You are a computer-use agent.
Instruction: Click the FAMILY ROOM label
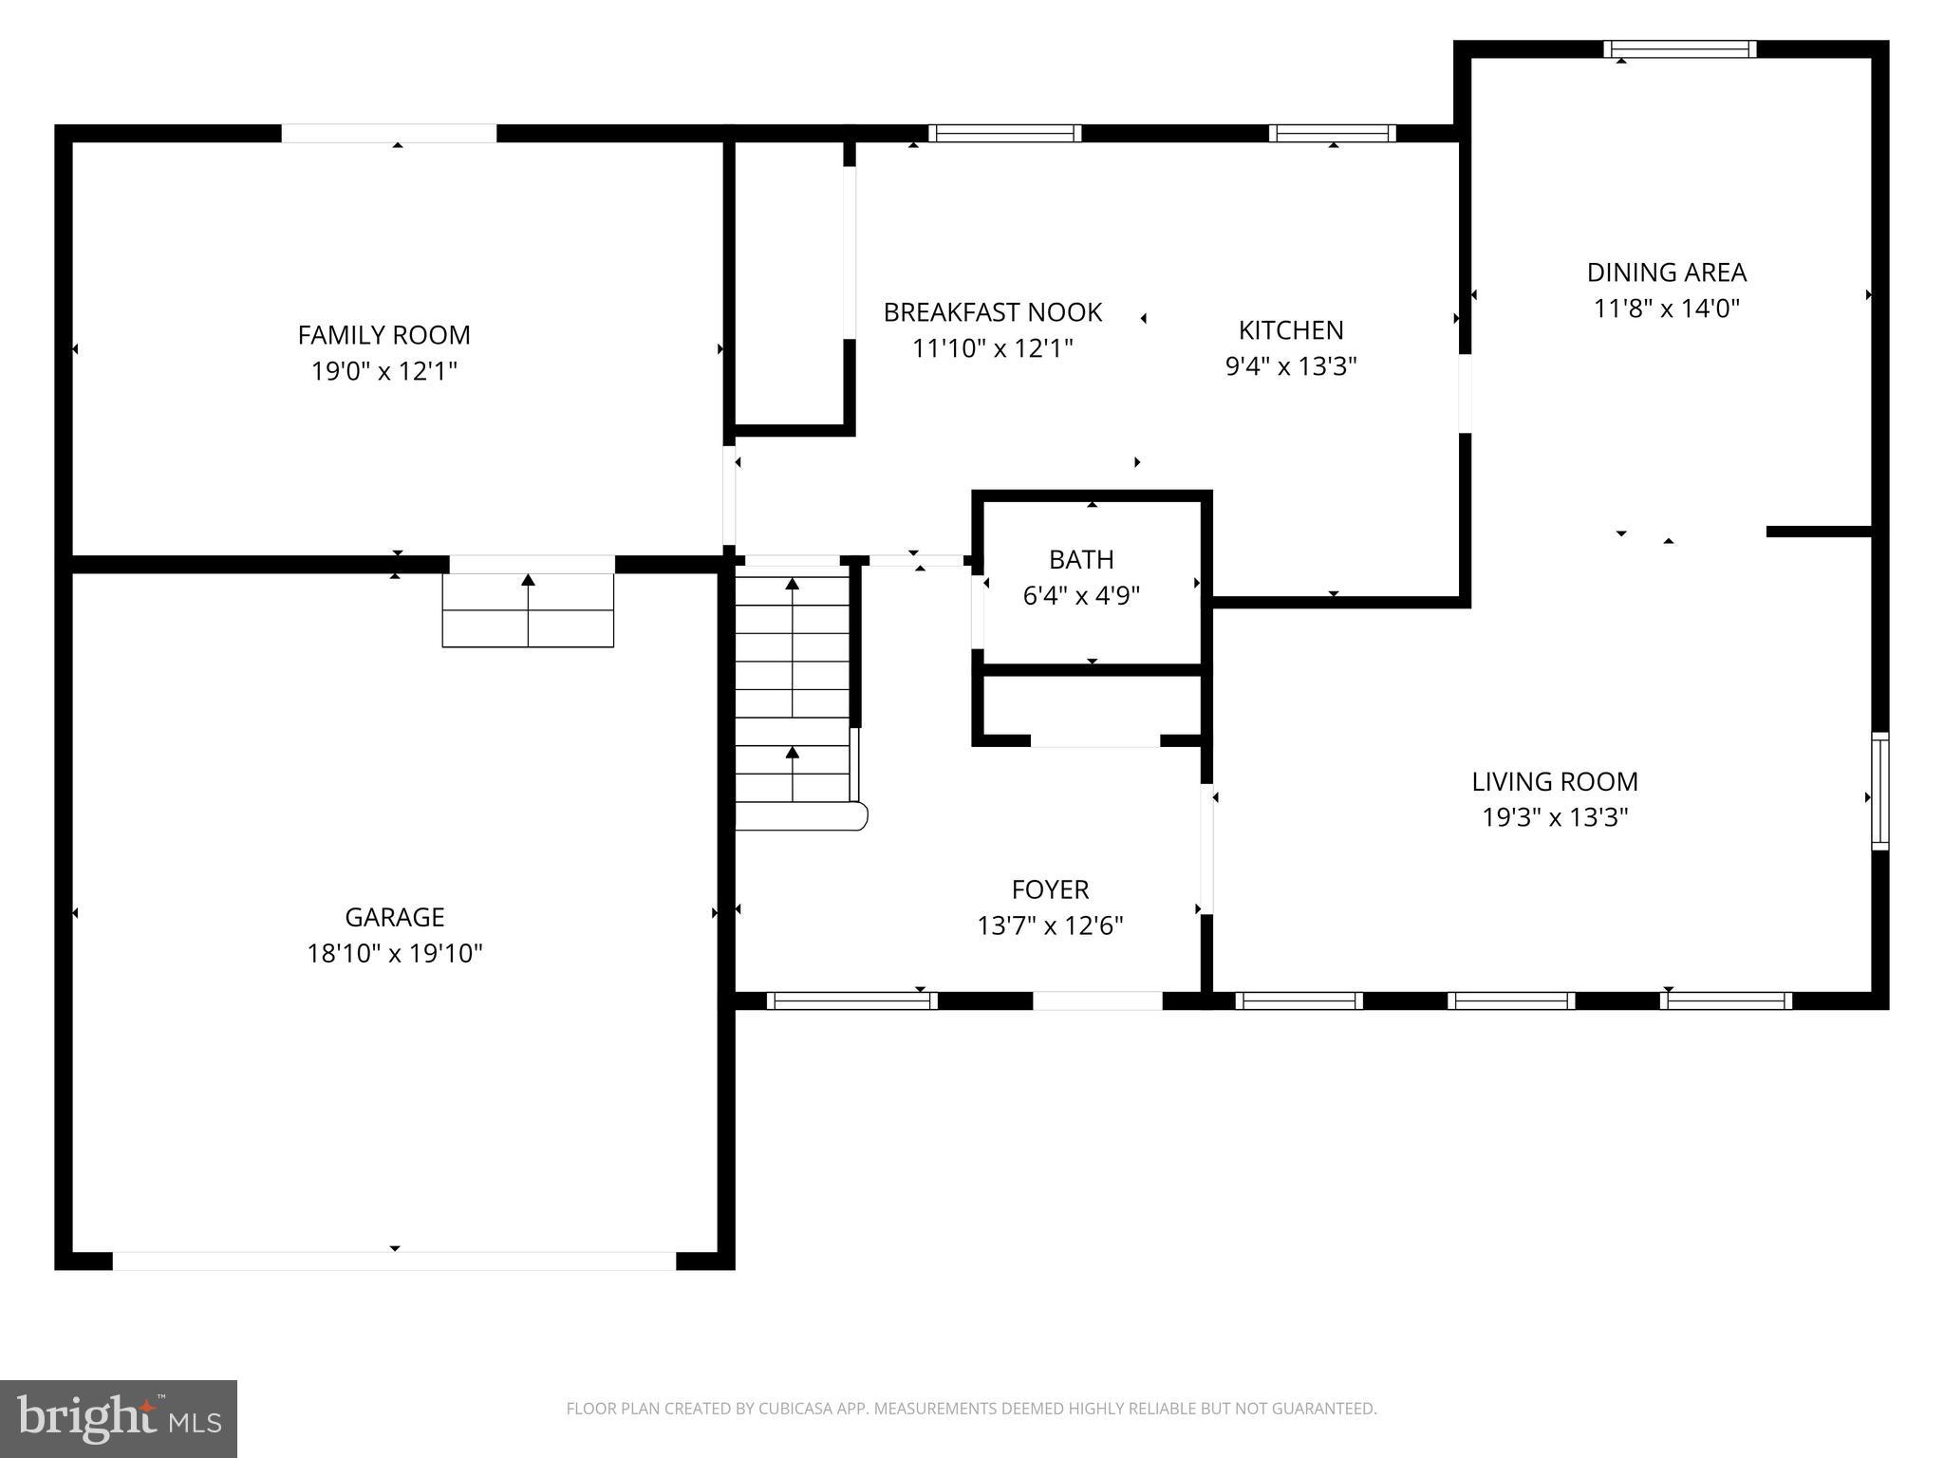pos(383,335)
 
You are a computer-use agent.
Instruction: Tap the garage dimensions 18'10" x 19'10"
pos(394,953)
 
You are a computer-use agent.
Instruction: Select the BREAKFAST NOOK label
pos(992,312)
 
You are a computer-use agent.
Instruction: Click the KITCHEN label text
pos(1291,330)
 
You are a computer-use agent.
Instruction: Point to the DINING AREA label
pos(1666,272)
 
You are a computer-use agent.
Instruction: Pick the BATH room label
pos(1081,559)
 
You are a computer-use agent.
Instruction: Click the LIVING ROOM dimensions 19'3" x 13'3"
pos(1555,817)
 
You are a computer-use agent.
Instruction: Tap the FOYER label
pos(1050,889)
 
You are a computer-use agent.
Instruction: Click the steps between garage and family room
pos(528,610)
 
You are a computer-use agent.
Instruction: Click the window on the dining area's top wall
pos(1679,49)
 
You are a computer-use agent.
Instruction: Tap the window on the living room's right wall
pos(1879,791)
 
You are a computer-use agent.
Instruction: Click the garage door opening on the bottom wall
pos(394,1261)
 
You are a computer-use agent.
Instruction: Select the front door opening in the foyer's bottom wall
pos(1096,1000)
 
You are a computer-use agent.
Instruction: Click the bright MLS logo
pos(118,1418)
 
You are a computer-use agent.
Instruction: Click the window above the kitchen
pos(1332,133)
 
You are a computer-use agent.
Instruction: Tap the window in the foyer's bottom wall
pos(851,1000)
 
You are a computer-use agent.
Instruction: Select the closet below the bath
pos(1092,707)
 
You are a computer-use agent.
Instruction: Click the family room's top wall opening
pos(388,133)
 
